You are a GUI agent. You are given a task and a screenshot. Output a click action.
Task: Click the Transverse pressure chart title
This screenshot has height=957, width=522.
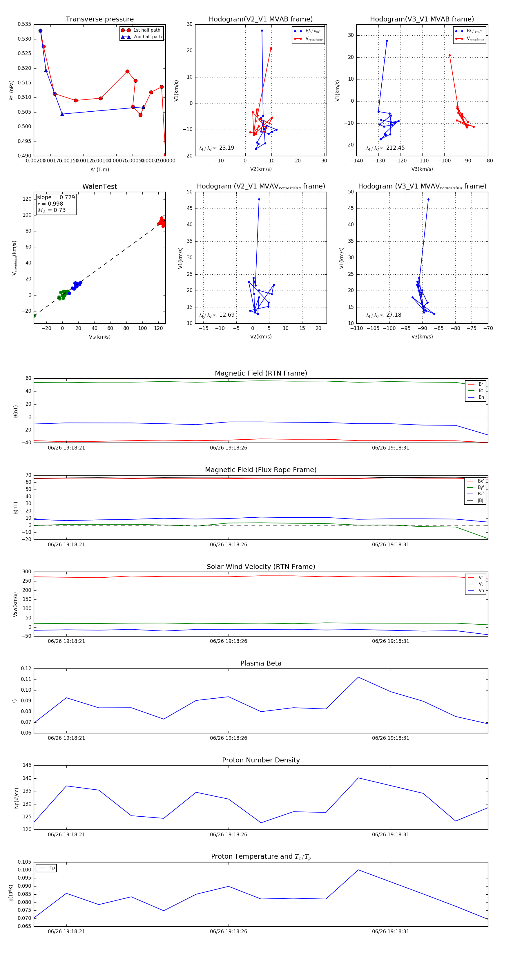[x=99, y=19]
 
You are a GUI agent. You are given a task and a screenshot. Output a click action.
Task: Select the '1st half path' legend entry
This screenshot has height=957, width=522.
[x=146, y=30]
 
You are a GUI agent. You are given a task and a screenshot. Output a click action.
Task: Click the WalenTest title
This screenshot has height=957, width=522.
[x=99, y=186]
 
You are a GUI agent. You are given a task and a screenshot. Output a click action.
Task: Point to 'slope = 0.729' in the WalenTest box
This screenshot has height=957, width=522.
[x=56, y=197]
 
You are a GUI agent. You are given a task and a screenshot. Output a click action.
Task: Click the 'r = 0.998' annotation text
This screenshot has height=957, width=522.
[x=50, y=204]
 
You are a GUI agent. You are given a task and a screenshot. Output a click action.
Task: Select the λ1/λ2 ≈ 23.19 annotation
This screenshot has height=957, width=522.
[x=217, y=148]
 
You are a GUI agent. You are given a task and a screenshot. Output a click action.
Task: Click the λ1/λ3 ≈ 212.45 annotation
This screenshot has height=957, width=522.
[x=385, y=148]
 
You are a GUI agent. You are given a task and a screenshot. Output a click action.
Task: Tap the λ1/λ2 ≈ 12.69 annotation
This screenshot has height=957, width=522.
[x=217, y=315]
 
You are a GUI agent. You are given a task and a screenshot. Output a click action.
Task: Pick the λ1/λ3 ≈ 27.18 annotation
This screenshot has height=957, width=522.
[x=383, y=315]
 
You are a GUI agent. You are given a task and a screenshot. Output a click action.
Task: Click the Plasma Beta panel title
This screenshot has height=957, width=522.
[x=261, y=663]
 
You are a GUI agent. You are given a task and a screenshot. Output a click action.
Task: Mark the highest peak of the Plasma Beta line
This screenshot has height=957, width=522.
[x=358, y=677]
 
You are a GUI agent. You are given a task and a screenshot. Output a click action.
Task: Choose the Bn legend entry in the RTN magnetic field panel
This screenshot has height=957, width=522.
[x=481, y=397]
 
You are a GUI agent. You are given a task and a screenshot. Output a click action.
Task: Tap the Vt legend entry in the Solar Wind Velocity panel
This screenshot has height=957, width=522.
[x=481, y=584]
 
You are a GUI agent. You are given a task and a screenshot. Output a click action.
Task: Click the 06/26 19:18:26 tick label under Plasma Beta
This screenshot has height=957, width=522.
[x=229, y=738]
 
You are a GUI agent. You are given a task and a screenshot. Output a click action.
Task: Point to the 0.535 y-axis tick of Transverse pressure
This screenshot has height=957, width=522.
[x=25, y=24]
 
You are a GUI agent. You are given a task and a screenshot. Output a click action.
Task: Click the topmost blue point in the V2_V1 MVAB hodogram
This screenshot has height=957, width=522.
[x=262, y=30]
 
